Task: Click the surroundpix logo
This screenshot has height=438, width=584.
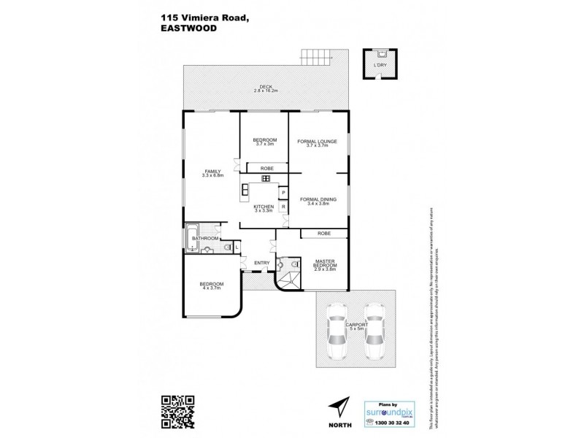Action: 391,411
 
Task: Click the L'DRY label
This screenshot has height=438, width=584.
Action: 380,66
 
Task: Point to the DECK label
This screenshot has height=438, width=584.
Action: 266,86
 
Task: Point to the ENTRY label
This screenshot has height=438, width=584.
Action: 262,263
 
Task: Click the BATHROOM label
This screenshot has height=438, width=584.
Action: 206,238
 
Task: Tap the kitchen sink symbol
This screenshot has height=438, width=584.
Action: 266,179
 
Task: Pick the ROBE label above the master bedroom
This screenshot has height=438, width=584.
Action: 324,233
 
